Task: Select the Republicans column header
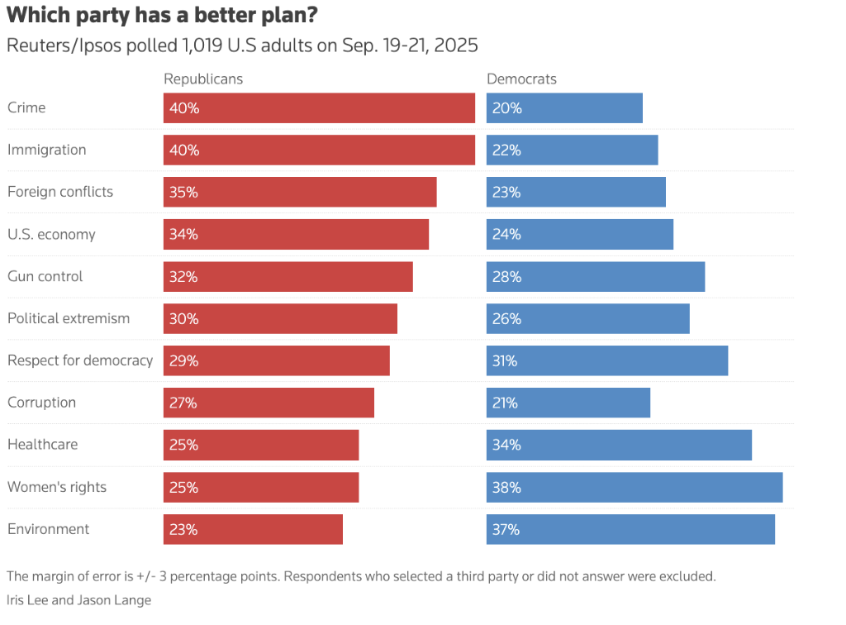click(203, 79)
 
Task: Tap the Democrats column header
click(521, 79)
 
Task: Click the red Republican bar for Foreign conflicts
click(300, 192)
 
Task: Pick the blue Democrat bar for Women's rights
click(634, 487)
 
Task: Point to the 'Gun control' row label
click(45, 276)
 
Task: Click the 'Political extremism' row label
click(69, 318)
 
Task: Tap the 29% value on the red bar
click(183, 360)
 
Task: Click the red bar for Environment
click(253, 529)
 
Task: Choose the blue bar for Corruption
click(568, 403)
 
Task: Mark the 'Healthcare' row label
click(42, 444)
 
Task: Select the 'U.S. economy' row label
click(51, 234)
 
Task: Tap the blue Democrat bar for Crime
click(564, 107)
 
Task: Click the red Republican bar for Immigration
click(319, 150)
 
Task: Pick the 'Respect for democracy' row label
click(80, 360)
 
